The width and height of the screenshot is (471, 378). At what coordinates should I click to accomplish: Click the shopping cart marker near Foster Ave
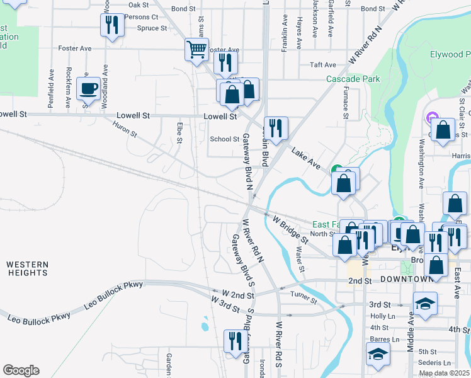(x=197, y=49)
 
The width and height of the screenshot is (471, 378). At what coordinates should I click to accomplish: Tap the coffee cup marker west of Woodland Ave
(x=88, y=88)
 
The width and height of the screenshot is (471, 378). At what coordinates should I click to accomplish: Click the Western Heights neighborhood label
(x=28, y=268)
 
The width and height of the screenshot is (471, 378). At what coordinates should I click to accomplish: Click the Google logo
(x=21, y=370)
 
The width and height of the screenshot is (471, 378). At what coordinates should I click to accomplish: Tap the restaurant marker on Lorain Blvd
(x=276, y=128)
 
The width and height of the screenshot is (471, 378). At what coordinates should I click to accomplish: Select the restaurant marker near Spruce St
(x=112, y=26)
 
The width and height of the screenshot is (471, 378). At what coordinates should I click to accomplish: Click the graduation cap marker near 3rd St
(x=425, y=304)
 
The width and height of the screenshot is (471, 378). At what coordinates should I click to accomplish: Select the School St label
(x=224, y=139)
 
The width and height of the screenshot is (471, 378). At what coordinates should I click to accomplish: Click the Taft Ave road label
(x=323, y=65)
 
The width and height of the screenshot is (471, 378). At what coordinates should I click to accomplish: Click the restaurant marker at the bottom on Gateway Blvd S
(x=235, y=341)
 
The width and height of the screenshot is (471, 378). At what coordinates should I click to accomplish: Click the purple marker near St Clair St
(x=432, y=117)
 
